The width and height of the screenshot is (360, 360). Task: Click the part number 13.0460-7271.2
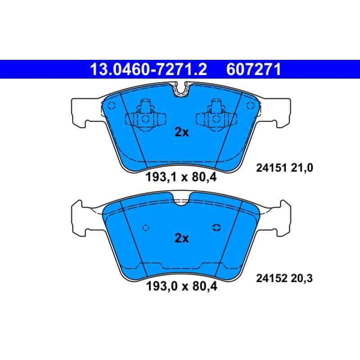coord(148,70)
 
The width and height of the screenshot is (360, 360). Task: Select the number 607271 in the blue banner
coord(253,70)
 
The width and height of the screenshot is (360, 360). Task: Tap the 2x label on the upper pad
coord(182,132)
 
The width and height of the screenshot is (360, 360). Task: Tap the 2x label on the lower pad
coord(182,238)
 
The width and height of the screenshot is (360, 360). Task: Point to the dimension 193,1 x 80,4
coord(181,177)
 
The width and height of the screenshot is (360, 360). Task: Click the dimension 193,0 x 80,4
coord(181,286)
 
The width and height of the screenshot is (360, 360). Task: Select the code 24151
coord(271,168)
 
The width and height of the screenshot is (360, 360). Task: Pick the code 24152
coord(271,279)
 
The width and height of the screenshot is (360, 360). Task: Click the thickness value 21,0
coord(302,168)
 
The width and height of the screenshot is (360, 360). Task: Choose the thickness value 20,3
coord(301,279)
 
